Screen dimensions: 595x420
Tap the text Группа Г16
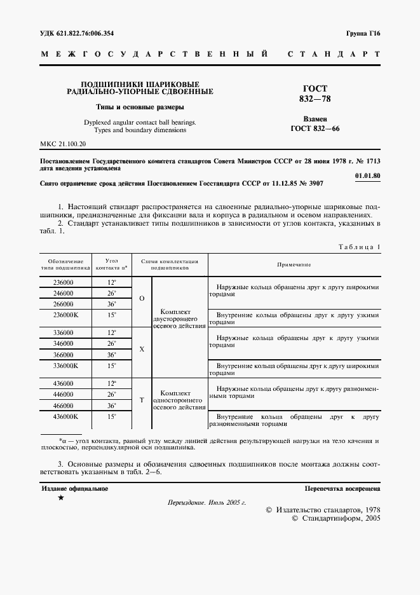click(x=362, y=32)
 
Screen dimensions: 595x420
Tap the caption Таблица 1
click(x=359, y=247)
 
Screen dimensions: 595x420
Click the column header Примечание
click(x=294, y=264)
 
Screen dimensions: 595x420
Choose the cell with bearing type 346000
click(x=63, y=343)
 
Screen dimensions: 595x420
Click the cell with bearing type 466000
click(x=63, y=405)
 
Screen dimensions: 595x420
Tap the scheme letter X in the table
click(x=142, y=349)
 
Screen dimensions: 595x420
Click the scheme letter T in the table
click(x=142, y=400)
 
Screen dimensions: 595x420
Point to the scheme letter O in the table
click(x=142, y=298)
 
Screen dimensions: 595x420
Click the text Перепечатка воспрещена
click(x=342, y=489)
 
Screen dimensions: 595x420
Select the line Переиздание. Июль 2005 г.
click(x=207, y=502)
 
